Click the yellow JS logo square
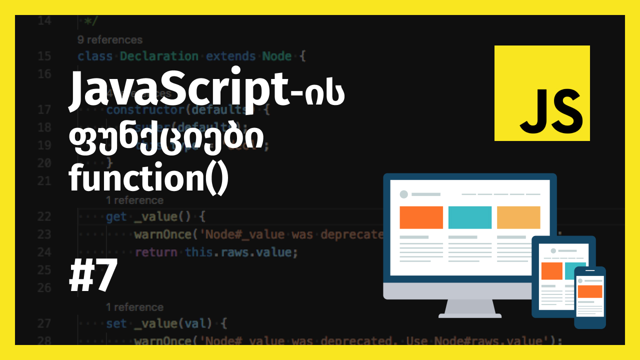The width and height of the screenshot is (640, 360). click(542, 93)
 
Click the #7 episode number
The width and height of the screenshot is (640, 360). click(93, 276)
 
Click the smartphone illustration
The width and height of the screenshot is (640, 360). click(590, 297)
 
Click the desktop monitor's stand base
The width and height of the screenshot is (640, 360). click(470, 315)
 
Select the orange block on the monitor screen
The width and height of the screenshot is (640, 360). click(421, 217)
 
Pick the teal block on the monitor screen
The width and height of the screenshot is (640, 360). click(469, 217)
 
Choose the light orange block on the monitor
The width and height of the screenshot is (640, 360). click(518, 217)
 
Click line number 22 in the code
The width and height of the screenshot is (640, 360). click(44, 216)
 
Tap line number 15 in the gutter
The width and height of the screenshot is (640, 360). click(44, 56)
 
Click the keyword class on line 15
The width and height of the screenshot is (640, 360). click(95, 56)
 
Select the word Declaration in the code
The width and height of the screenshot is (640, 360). click(159, 56)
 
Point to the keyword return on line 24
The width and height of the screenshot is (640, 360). click(156, 252)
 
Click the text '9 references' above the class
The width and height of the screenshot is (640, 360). click(110, 40)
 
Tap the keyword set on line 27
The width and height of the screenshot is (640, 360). click(116, 323)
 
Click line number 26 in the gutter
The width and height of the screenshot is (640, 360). click(44, 287)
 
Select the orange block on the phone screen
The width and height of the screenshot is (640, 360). click(590, 291)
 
